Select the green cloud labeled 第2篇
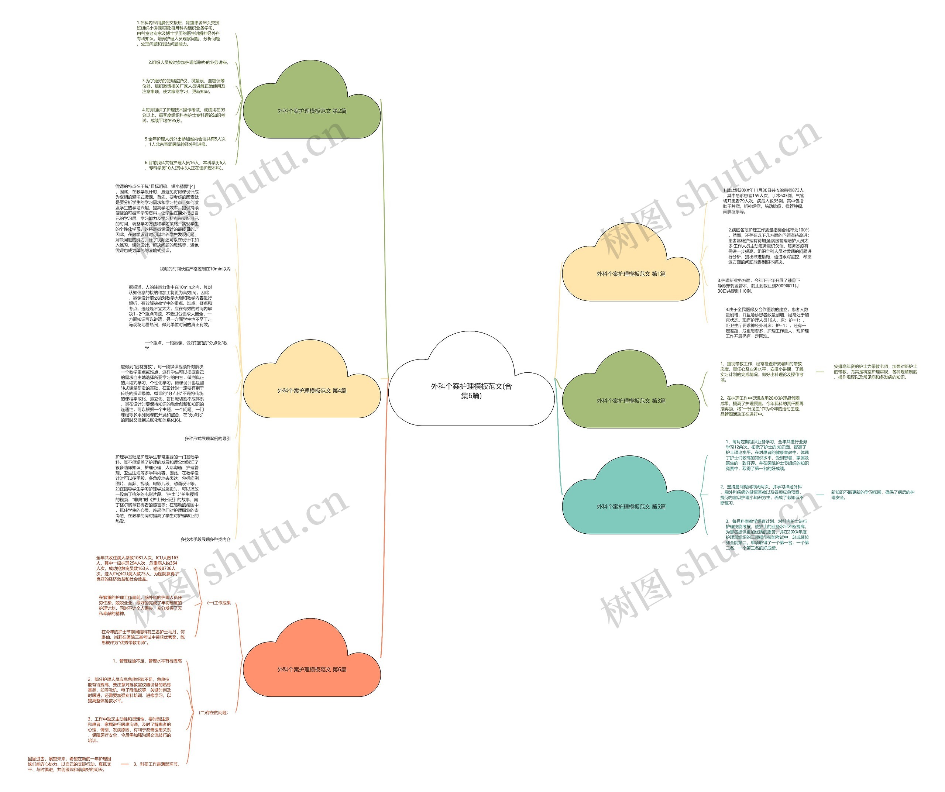pyautogui.click(x=312, y=111)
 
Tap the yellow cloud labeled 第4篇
pyautogui.click(x=312, y=390)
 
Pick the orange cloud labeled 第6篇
pyautogui.click(x=312, y=669)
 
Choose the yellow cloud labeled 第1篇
pyautogui.click(x=631, y=273)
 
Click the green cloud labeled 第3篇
pyautogui.click(x=631, y=400)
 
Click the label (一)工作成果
pyautogui.click(x=219, y=603)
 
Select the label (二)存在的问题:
pyautogui.click(x=214, y=713)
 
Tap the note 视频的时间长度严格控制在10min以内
pyautogui.click(x=195, y=269)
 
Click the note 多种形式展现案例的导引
pyautogui.click(x=207, y=439)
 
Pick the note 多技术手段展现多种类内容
pyautogui.click(x=206, y=540)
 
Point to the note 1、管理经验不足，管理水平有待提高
pyautogui.click(x=148, y=661)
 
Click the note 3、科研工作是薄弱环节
pyautogui.click(x=157, y=764)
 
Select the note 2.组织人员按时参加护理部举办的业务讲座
pyautogui.click(x=189, y=62)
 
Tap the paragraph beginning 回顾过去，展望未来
pyautogui.click(x=69, y=764)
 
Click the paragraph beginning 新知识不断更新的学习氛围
pyautogui.click(x=873, y=495)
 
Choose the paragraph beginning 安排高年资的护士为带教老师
pyautogui.click(x=875, y=372)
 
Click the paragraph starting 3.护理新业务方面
pyautogui.click(x=759, y=286)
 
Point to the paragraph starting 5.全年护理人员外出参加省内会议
pyautogui.click(x=185, y=142)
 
